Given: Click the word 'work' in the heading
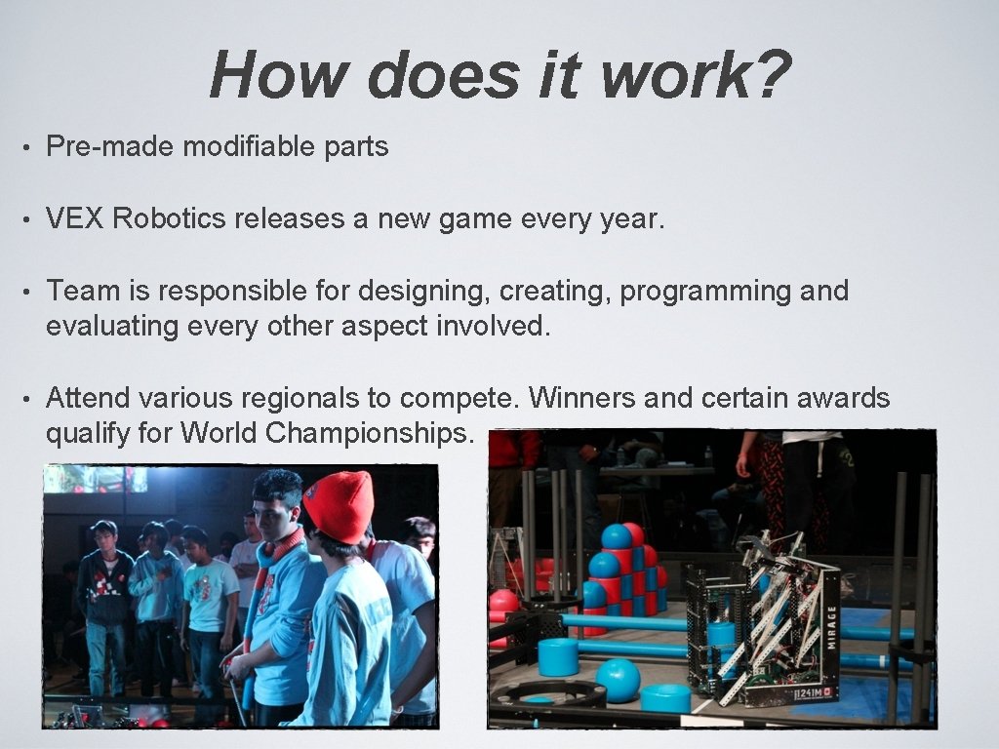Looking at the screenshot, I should (x=672, y=75).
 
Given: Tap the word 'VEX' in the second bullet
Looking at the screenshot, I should (x=75, y=218).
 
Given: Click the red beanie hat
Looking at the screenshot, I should (x=339, y=506).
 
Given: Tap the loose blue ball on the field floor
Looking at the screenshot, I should (x=618, y=679).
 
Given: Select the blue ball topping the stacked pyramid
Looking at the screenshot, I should (x=616, y=536).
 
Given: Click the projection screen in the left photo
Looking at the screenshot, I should (x=96, y=479).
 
